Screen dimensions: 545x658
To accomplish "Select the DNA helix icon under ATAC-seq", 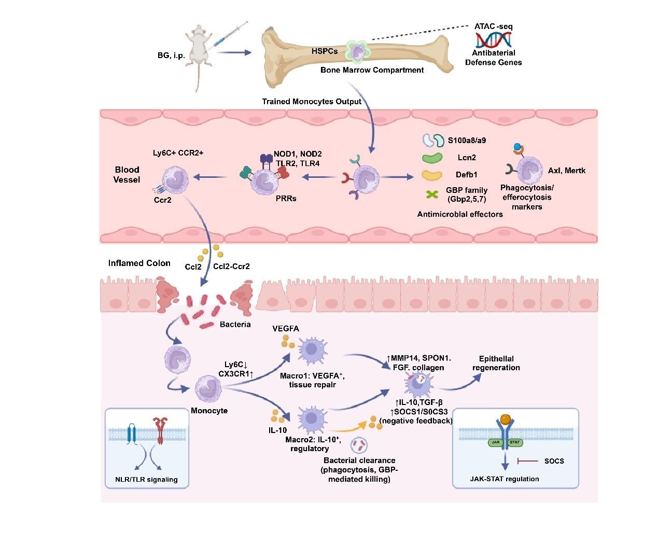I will [x=493, y=39].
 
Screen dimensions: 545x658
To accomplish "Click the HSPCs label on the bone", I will [x=325, y=51].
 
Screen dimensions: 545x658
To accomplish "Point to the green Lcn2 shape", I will [x=432, y=158].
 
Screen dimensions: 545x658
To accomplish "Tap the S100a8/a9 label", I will [x=467, y=140].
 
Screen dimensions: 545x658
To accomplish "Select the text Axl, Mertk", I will [x=566, y=170].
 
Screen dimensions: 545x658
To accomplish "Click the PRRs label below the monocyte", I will [x=286, y=198].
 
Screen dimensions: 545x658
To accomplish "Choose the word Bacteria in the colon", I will [x=235, y=325].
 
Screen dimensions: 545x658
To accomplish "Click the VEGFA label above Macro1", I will [x=286, y=329].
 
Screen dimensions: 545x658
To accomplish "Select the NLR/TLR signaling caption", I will [x=146, y=480].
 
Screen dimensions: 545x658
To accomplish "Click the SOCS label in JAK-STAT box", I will [x=554, y=461].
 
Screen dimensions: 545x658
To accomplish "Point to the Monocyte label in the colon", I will [x=209, y=411].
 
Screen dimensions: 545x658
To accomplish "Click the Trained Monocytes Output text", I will [x=312, y=102].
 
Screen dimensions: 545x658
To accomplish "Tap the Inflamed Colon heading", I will [x=139, y=263].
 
